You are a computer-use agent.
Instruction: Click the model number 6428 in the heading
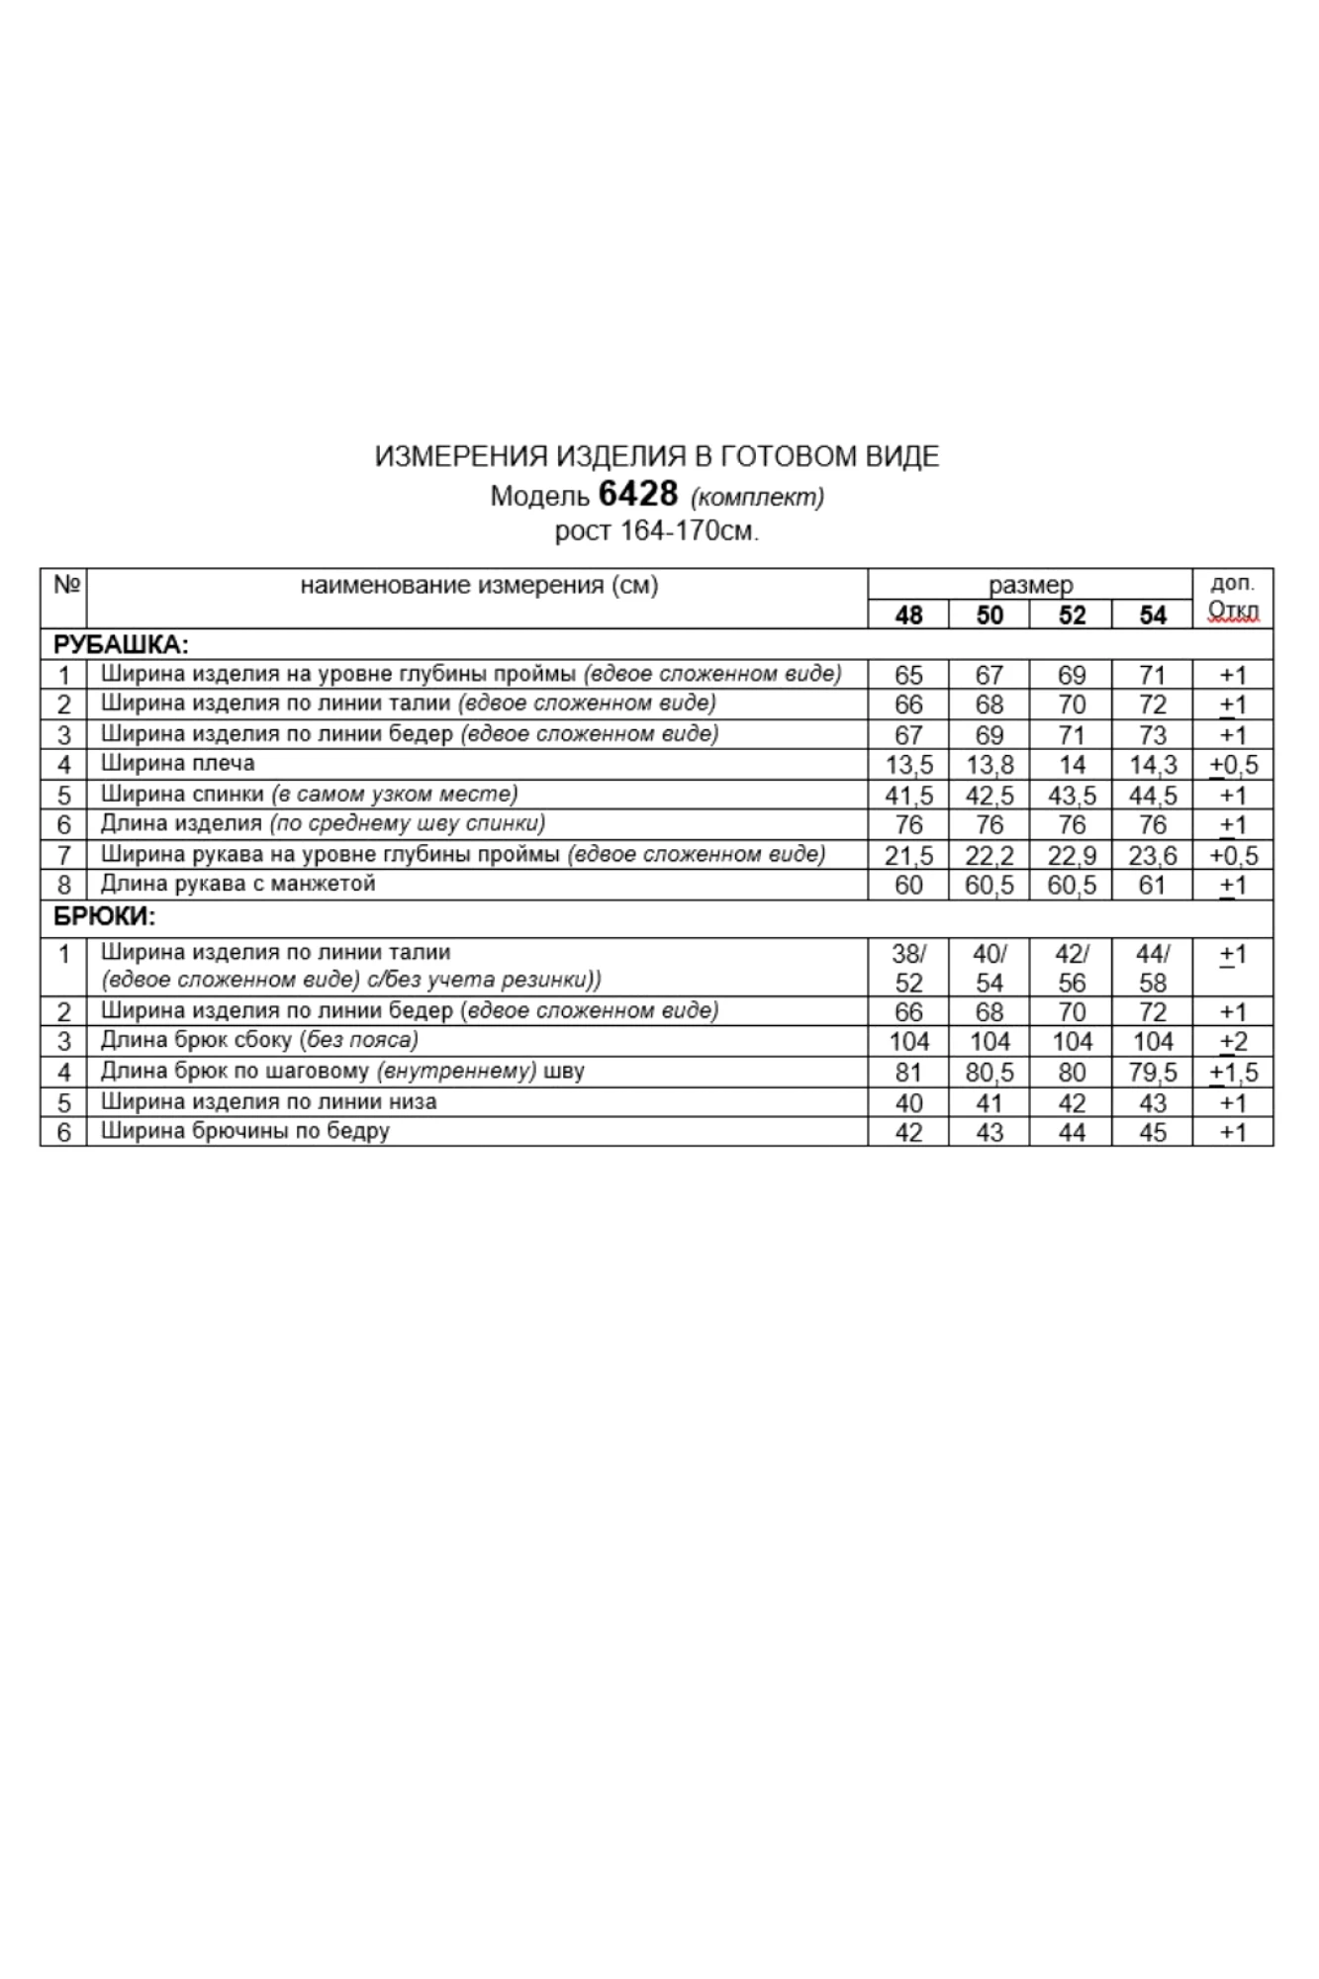[638, 494]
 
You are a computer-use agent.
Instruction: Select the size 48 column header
[908, 615]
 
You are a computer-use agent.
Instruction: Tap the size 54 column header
[1153, 615]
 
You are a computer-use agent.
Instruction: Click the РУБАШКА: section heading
[121, 645]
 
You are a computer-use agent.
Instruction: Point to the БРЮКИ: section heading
[105, 917]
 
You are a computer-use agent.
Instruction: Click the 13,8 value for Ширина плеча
[989, 765]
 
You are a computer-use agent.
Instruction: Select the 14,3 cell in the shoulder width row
[1153, 765]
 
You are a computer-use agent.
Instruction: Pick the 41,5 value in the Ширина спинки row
[908, 796]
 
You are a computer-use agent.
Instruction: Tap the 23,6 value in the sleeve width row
[1153, 856]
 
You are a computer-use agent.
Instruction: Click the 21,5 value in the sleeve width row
[908, 856]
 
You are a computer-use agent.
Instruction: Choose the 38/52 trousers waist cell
[908, 968]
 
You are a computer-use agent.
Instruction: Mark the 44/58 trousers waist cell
[1153, 968]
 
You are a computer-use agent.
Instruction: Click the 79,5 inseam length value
[1153, 1073]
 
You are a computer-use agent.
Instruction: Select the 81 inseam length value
[908, 1073]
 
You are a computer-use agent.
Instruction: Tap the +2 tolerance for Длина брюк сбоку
[1234, 1042]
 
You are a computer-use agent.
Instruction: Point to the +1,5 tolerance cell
[1234, 1073]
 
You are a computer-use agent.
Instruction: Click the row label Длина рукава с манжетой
[238, 884]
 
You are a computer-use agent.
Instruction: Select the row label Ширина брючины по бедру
[245, 1131]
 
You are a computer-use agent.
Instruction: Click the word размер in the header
[1030, 585]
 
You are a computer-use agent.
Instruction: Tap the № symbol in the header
[65, 584]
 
